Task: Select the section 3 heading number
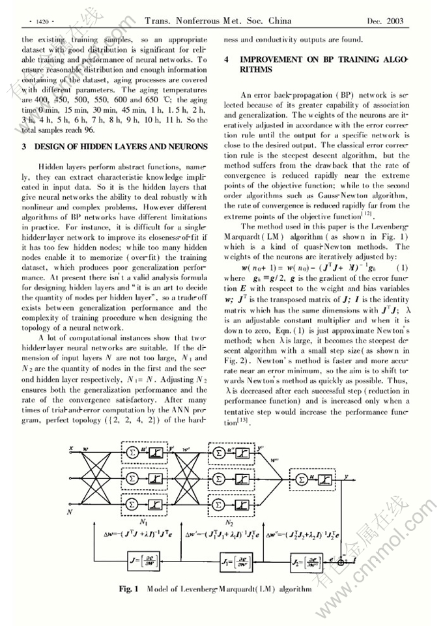click(24, 147)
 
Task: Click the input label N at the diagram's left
click(70, 512)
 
